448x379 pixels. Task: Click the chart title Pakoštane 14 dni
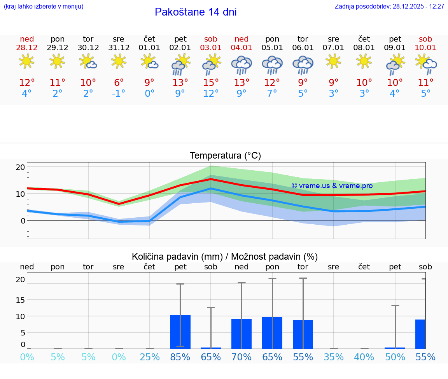pyautogui.click(x=196, y=12)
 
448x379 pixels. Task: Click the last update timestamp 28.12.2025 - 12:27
pyautogui.click(x=413, y=6)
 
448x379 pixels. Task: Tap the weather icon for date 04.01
pyautogui.click(x=241, y=64)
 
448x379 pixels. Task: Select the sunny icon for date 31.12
pyautogui.click(x=119, y=61)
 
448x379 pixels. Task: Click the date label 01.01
pyautogui.click(x=149, y=48)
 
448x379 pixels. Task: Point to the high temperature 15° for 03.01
pyautogui.click(x=211, y=83)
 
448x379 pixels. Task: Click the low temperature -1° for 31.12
pyautogui.click(x=119, y=94)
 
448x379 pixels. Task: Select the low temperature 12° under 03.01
pyautogui.click(x=211, y=94)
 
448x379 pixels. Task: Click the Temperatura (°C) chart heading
pyautogui.click(x=225, y=156)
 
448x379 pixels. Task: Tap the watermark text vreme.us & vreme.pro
pyautogui.click(x=332, y=186)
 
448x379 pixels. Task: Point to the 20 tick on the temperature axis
pyautogui.click(x=20, y=167)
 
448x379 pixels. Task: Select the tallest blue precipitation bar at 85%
pyautogui.click(x=180, y=331)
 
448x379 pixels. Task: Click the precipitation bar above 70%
pyautogui.click(x=241, y=334)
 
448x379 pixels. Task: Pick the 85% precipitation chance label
pyautogui.click(x=180, y=357)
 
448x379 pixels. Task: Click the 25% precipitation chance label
pyautogui.click(x=150, y=357)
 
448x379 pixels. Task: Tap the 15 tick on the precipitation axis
pyautogui.click(x=20, y=300)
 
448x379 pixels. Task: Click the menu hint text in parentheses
pyautogui.click(x=44, y=6)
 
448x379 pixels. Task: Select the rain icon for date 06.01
pyautogui.click(x=303, y=64)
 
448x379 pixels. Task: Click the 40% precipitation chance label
pyautogui.click(x=364, y=357)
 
